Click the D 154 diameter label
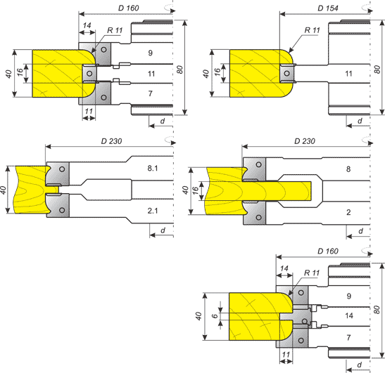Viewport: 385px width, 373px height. coord(328,8)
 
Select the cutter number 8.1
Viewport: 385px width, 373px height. coord(153,168)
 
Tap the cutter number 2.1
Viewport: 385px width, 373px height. coord(153,211)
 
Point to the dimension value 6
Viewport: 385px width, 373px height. coord(215,315)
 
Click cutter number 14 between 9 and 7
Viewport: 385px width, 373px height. coord(348,315)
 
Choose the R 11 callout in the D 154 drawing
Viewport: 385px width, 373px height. coord(312,30)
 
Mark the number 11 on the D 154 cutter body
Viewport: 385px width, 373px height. coord(348,74)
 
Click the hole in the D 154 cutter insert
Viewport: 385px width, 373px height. coord(286,73)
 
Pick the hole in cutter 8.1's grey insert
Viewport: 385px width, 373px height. coord(62,169)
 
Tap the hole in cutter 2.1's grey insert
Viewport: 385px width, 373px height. coord(62,210)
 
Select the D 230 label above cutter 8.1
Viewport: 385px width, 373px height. coord(111,141)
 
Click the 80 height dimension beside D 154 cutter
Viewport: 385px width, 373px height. coord(377,69)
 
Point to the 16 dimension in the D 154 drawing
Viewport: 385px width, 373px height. coord(217,72)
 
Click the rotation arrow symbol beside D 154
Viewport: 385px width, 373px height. coord(367,8)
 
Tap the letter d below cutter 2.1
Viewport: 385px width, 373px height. coord(163,230)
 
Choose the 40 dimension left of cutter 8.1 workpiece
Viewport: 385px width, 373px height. coord(3,190)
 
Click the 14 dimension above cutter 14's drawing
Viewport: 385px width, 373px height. coord(284,268)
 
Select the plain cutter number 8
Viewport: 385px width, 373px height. coord(348,169)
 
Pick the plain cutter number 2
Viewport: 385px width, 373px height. coord(348,212)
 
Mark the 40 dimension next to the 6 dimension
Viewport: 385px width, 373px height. coord(198,316)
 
